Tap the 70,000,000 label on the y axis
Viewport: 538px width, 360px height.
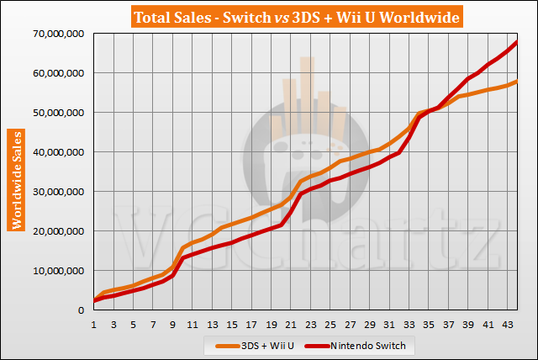pos(57,34)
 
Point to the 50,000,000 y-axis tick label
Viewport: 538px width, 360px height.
pos(57,113)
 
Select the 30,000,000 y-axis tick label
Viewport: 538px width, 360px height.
pos(57,192)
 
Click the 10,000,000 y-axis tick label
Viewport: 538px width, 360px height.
pos(57,271)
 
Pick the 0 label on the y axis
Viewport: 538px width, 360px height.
pos(82,310)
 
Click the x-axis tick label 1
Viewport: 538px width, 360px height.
pos(94,325)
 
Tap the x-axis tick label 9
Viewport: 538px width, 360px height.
pos(172,325)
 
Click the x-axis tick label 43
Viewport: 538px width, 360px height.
pos(507,325)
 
